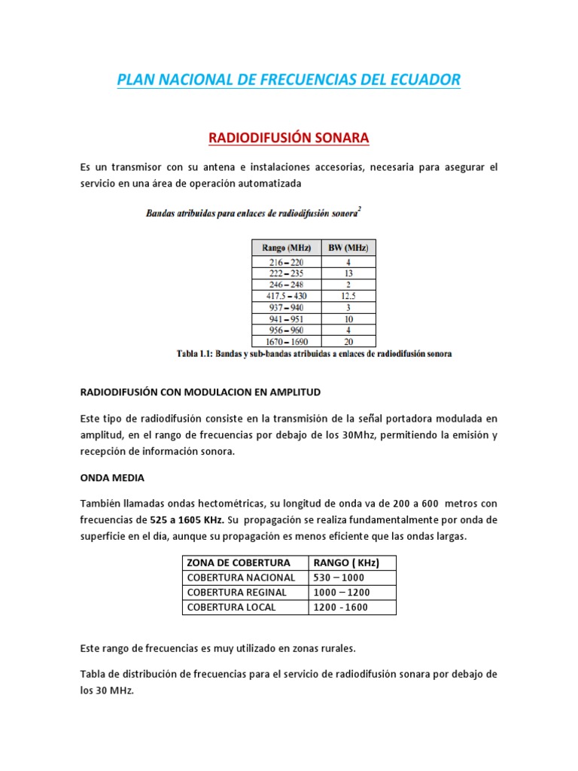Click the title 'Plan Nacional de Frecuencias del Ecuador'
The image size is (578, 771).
pos(288,79)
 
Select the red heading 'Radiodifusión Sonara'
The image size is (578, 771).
pos(288,138)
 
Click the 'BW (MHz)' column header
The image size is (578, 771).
pos(348,247)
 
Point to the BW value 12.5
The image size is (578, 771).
pos(348,296)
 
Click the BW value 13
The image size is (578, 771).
pos(348,273)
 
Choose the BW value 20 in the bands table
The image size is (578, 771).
pos(348,341)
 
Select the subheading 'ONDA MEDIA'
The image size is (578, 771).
pos(112,477)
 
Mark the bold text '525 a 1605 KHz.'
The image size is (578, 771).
pos(185,520)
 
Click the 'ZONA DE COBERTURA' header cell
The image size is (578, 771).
pos(239,563)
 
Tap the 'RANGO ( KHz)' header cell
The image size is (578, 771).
pos(345,563)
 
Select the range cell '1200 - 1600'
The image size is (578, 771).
pos(341,607)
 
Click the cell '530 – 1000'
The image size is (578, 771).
pos(339,577)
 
